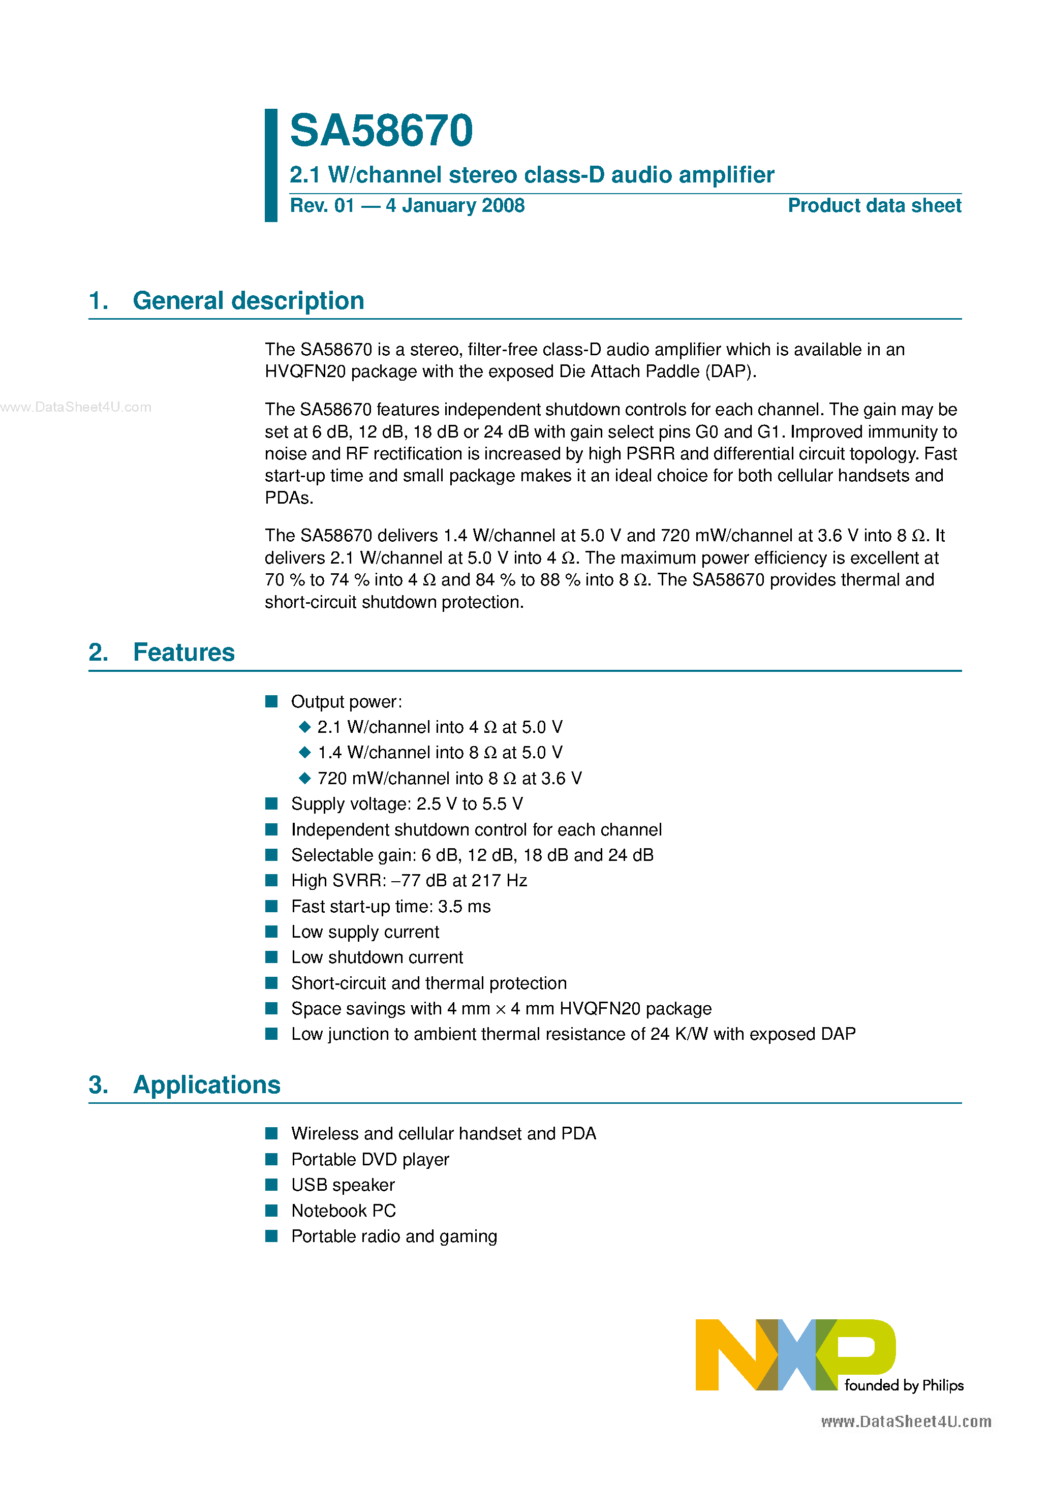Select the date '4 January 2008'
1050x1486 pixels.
pos(455,206)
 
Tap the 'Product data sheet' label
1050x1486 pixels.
pos(874,206)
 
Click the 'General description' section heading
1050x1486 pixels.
pos(248,301)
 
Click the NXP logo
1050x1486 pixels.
pos(795,1354)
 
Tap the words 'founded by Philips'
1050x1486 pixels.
pos(904,1385)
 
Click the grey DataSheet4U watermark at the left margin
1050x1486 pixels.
pos(76,407)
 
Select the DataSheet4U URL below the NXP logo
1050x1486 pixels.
pos(906,1421)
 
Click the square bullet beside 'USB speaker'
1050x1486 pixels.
pos(272,1185)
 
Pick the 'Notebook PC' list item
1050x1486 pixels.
pos(343,1210)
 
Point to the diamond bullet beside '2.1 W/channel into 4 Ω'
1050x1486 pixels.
pos(305,727)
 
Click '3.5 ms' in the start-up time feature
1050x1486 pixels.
pos(464,906)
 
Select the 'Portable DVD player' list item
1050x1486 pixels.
pos(369,1159)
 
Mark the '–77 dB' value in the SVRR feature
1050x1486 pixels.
pos(419,880)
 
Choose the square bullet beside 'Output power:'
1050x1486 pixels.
pos(272,701)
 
